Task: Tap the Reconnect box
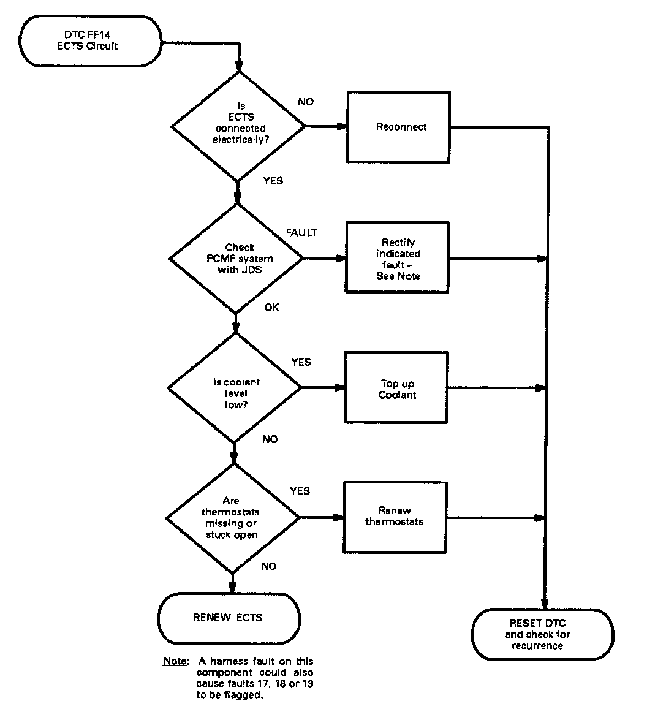[401, 127]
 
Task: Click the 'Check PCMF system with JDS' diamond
[236, 258]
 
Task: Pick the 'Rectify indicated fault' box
[397, 259]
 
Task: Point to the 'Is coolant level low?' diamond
[235, 387]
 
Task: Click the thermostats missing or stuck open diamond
[232, 518]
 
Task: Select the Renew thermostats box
[395, 516]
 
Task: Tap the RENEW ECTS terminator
[228, 618]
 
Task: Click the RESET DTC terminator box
[542, 634]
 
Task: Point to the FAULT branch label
[302, 232]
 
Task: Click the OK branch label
[271, 307]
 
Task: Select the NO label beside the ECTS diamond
[306, 102]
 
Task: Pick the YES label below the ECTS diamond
[273, 181]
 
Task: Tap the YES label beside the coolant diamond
[301, 362]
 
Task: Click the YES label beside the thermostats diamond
[300, 491]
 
